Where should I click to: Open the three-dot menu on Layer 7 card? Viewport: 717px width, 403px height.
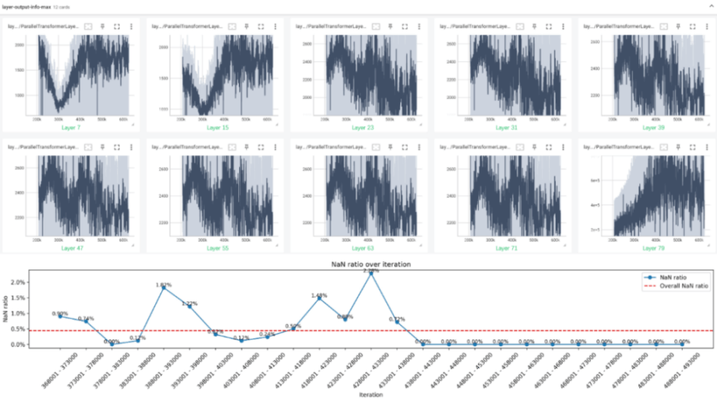pos(131,26)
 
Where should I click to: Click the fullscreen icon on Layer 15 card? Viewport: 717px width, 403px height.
pos(260,26)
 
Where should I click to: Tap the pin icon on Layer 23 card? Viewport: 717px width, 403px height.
pos(390,26)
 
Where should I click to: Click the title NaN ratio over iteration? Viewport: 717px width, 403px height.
pos(370,264)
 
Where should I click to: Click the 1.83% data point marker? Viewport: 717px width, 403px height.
pos(164,287)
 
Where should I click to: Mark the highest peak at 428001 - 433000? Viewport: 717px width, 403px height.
pos(371,272)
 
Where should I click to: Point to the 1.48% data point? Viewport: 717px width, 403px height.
pos(320,298)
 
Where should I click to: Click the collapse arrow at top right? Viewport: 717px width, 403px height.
pos(709,6)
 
